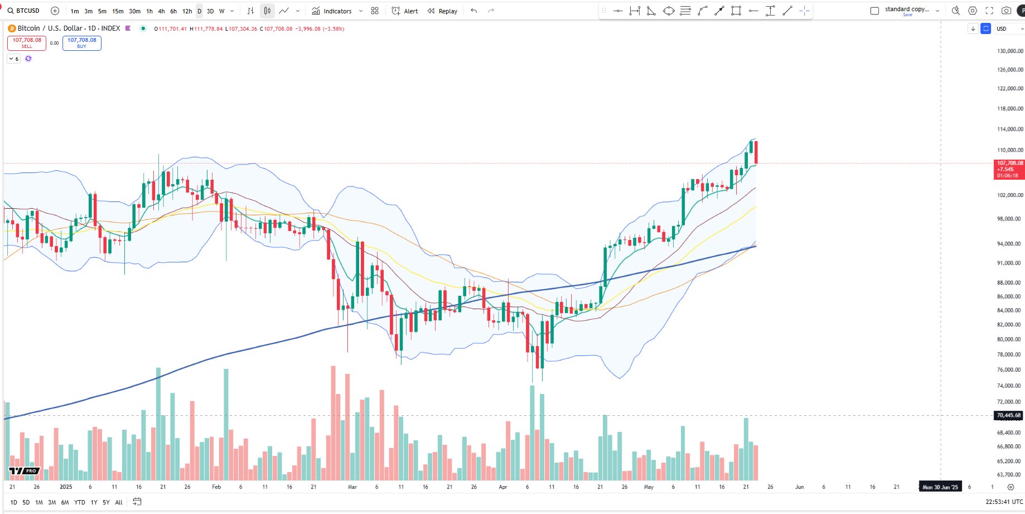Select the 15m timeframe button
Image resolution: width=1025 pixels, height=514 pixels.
point(118,11)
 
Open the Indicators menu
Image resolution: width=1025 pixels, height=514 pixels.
point(332,11)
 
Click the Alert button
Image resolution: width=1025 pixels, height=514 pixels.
point(405,11)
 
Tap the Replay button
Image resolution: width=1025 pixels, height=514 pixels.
point(442,11)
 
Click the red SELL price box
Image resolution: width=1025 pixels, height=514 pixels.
point(27,43)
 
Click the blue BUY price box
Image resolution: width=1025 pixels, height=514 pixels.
point(81,43)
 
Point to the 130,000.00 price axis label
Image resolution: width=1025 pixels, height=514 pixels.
point(1010,51)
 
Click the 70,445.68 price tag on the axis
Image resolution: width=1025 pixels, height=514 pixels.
point(1009,415)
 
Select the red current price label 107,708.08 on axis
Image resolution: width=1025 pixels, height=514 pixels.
point(1009,169)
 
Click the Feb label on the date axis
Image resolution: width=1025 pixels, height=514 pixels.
point(216,487)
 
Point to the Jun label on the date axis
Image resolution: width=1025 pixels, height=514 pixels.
point(799,487)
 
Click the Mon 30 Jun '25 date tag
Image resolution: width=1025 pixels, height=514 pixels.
point(940,487)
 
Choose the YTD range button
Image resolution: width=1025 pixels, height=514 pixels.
point(80,502)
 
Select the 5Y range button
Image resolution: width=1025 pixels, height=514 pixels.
point(106,502)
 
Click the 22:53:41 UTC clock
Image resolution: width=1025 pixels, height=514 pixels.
point(1004,502)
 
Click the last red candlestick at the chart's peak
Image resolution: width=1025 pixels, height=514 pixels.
point(756,152)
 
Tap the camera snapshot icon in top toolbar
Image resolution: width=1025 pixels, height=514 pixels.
point(1006,11)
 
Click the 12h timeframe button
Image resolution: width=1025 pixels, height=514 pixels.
point(187,11)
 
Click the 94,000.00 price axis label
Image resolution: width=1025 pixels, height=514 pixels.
point(1010,244)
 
